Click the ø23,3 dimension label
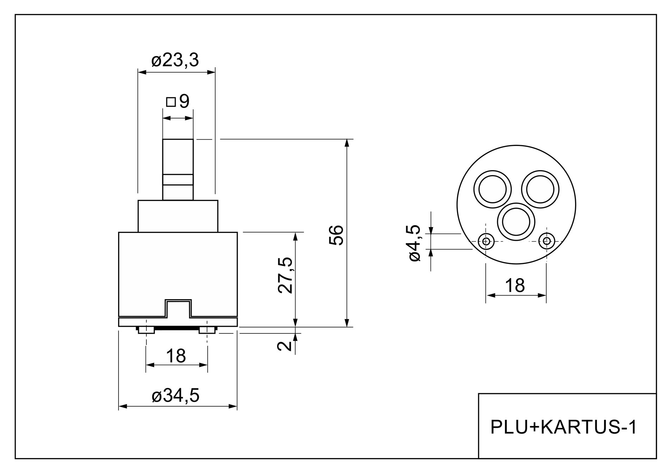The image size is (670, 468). pyautogui.click(x=175, y=61)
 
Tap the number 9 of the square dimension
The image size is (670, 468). pyautogui.click(x=184, y=102)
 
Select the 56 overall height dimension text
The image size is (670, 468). pyautogui.click(x=336, y=235)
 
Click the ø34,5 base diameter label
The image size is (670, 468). pyautogui.click(x=176, y=396)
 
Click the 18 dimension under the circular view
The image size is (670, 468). pyautogui.click(x=515, y=285)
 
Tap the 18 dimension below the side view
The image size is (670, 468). pyautogui.click(x=176, y=356)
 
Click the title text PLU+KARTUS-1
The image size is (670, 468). pyautogui.click(x=564, y=427)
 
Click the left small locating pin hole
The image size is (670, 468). pyautogui.click(x=486, y=241)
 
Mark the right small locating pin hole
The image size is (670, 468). pyautogui.click(x=547, y=241)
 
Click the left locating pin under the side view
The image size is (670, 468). pyautogui.click(x=146, y=330)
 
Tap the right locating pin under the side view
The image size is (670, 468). pyautogui.click(x=207, y=330)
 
